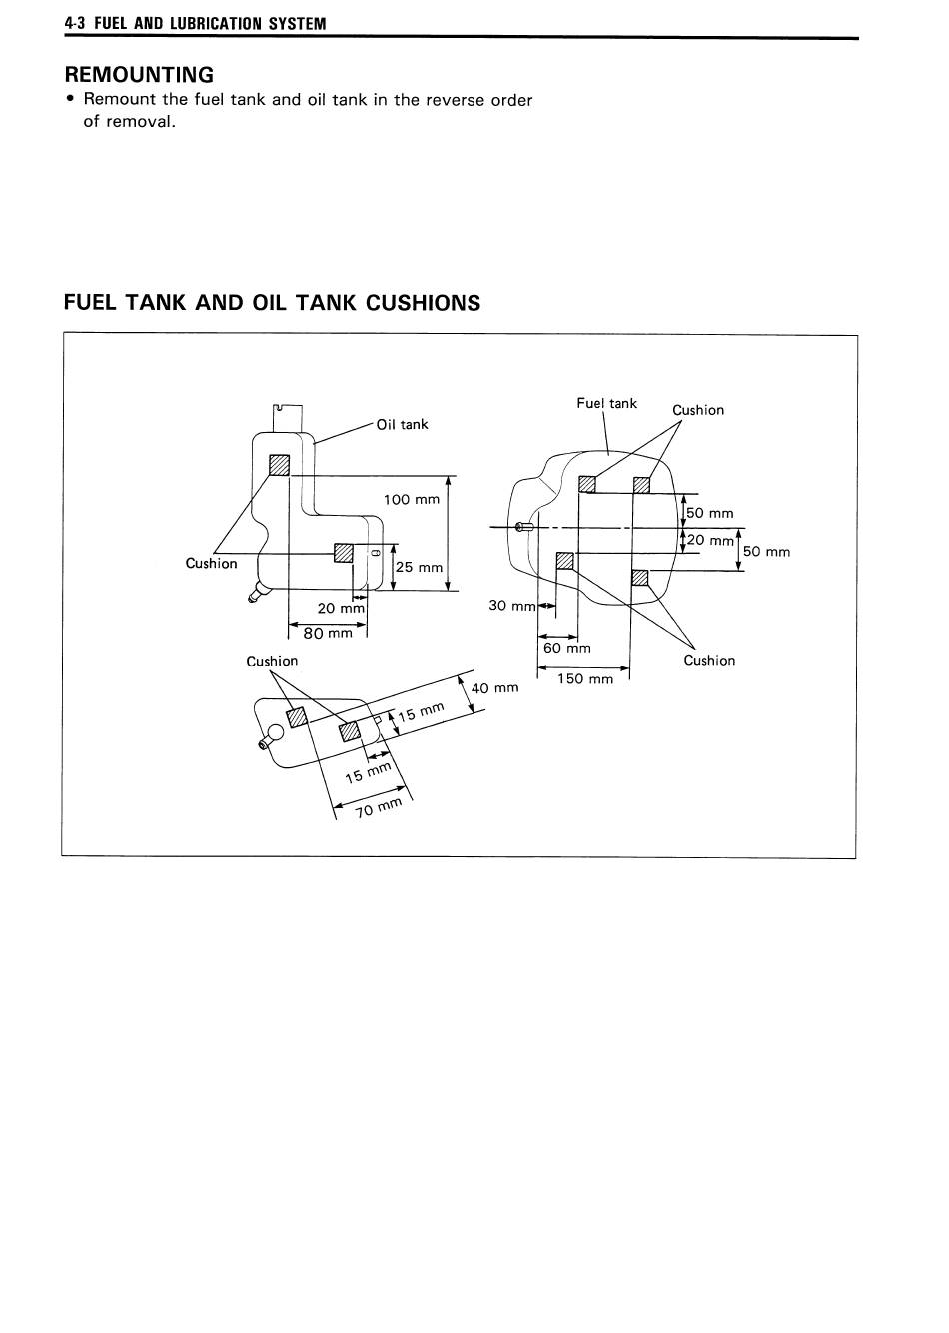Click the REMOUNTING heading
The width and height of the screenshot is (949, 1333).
pos(139,75)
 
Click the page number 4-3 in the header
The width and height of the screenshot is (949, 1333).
pos(76,24)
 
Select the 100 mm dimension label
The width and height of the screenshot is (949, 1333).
pos(412,500)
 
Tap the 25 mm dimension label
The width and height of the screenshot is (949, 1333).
pos(419,567)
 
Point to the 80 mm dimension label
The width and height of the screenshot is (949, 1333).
pos(328,633)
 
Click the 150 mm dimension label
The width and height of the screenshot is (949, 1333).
pos(585,679)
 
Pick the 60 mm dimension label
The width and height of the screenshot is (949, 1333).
pos(567,648)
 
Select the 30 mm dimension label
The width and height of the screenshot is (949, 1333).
pos(512,606)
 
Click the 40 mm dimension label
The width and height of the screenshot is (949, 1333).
pos(495,688)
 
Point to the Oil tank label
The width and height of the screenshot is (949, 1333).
pos(402,425)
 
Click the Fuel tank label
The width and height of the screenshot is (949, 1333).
pos(606,403)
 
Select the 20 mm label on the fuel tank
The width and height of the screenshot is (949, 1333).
pos(710,540)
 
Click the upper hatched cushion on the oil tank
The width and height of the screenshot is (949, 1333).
pos(279,465)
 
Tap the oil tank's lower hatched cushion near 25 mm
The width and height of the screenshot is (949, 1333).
pos(344,553)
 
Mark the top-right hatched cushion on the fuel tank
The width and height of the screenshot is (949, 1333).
pos(641,485)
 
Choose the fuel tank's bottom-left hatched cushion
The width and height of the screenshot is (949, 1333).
pos(564,561)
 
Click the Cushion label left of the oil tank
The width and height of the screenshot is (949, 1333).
pos(211,563)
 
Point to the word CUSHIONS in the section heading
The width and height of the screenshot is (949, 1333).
pos(423,303)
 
